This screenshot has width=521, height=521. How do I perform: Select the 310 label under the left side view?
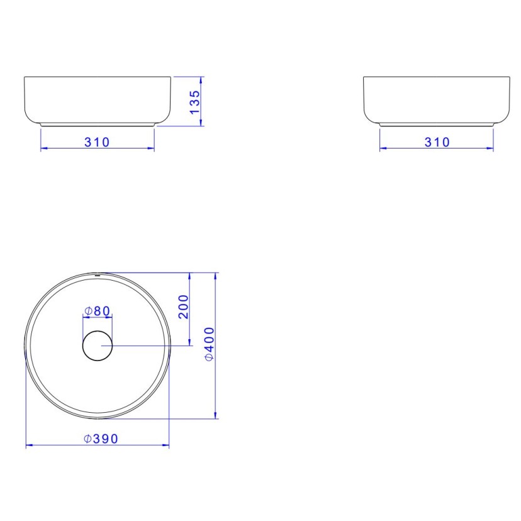(98, 142)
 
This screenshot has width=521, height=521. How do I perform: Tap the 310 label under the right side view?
(437, 142)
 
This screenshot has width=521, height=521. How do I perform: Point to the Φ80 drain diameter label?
(98, 311)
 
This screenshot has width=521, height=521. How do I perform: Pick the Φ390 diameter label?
(101, 439)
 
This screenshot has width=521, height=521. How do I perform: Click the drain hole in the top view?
(98, 345)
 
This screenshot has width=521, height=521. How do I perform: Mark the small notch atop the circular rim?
(98, 275)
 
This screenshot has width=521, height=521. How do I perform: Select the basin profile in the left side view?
(98, 101)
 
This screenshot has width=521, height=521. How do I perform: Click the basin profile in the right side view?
(437, 101)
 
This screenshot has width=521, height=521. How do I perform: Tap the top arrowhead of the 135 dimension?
(201, 80)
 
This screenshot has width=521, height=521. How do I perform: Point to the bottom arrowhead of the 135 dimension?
(201, 123)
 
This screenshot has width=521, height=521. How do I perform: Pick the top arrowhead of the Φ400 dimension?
(216, 276)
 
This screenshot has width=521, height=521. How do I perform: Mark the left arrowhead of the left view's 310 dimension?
(43, 148)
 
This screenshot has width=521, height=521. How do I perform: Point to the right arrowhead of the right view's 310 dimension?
(491, 148)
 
